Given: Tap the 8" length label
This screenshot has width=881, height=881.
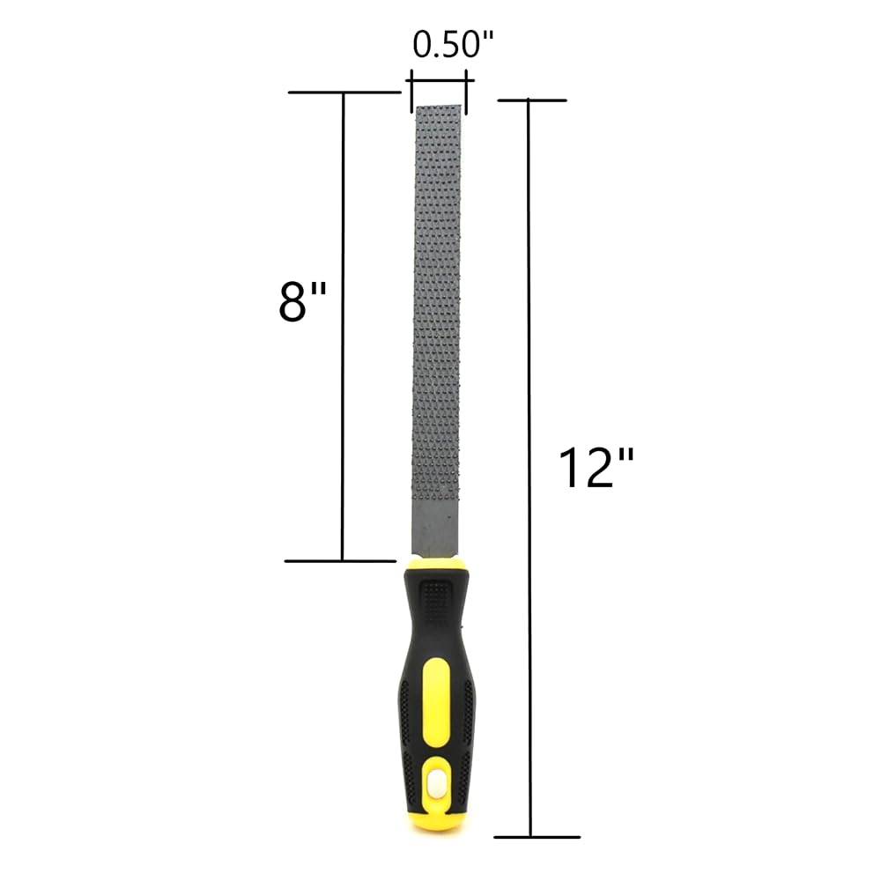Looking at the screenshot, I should pyautogui.click(x=302, y=303).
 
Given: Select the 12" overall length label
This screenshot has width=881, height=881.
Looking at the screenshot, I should pyautogui.click(x=596, y=468).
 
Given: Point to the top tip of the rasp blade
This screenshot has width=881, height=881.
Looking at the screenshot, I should pyautogui.click(x=439, y=109).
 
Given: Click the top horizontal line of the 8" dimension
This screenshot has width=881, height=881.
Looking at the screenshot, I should pyautogui.click(x=344, y=92).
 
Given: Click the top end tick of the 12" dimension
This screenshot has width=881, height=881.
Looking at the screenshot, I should pyautogui.click(x=532, y=100).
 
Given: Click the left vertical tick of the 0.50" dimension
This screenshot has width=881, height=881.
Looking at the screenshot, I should pyautogui.click(x=411, y=93).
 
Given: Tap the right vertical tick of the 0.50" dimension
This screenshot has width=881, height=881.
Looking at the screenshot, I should pyautogui.click(x=466, y=93).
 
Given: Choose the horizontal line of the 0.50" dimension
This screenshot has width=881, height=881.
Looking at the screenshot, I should pyautogui.click(x=439, y=81).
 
